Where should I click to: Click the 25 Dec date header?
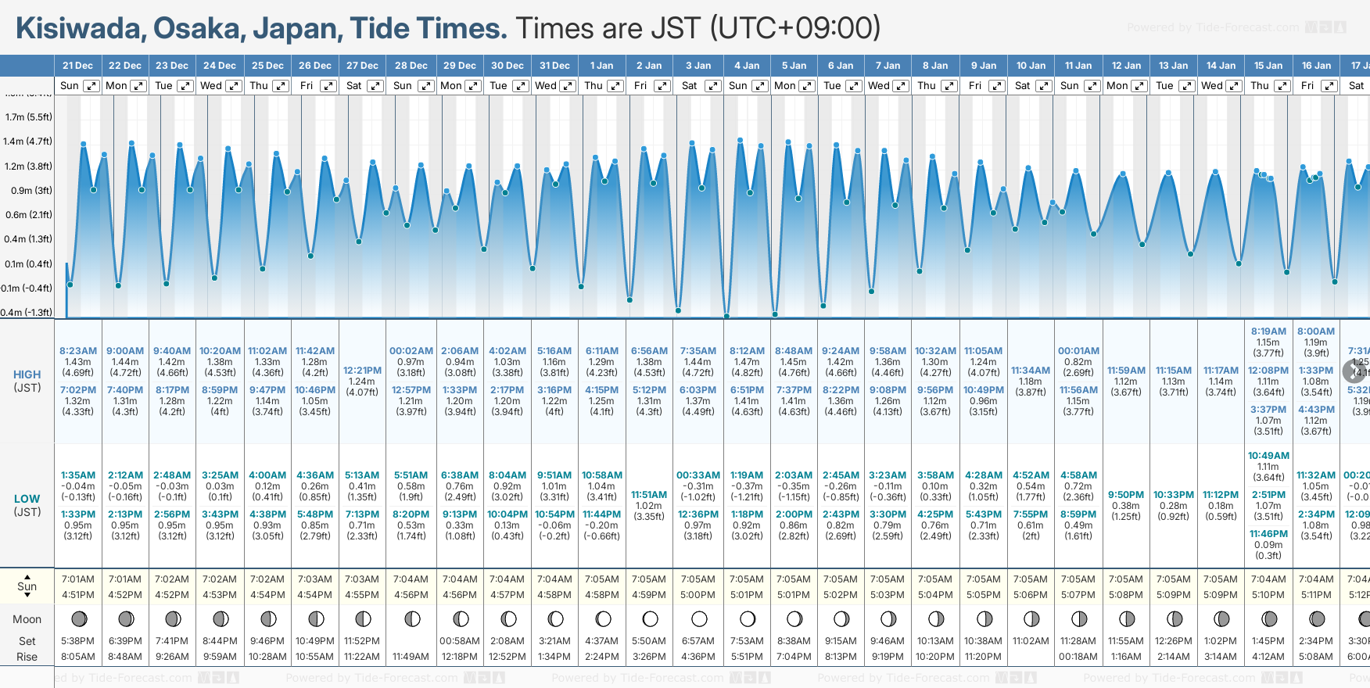point(267,66)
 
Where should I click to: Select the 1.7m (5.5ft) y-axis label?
point(28,117)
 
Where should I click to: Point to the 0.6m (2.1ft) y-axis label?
point(28,215)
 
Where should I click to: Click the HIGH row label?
point(27,374)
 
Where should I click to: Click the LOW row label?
point(27,499)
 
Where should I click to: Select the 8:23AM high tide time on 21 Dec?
point(78,351)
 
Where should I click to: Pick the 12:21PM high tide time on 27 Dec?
point(362,371)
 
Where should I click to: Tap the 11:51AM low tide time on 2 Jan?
point(649,495)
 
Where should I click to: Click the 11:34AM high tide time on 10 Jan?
point(1030,371)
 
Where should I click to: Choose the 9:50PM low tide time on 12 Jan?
point(1126,495)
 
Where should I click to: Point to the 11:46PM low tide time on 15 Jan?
point(1268,534)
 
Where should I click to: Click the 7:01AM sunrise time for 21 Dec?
point(78,579)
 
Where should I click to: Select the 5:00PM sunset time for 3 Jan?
point(698,595)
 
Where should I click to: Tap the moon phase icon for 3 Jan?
point(699,619)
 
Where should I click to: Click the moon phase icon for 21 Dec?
point(79,619)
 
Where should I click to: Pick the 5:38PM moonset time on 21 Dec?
point(78,641)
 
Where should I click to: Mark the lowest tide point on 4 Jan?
point(727,316)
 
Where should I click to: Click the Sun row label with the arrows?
point(27,586)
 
